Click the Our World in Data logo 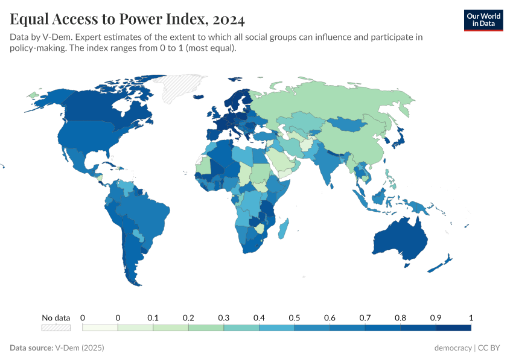pyautogui.click(x=483, y=19)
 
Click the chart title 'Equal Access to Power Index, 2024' pyautogui.click(x=127, y=20)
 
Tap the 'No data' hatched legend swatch pyautogui.click(x=56, y=328)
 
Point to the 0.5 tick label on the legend pyautogui.click(x=295, y=317)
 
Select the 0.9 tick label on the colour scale pyautogui.click(x=436, y=317)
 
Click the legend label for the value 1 pyautogui.click(x=471, y=317)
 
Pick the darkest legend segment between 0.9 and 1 pyautogui.click(x=453, y=328)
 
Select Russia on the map pyautogui.click(x=338, y=100)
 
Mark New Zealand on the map pyautogui.click(x=444, y=262)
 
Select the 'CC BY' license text pyautogui.click(x=491, y=348)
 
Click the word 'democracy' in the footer pyautogui.click(x=453, y=348)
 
